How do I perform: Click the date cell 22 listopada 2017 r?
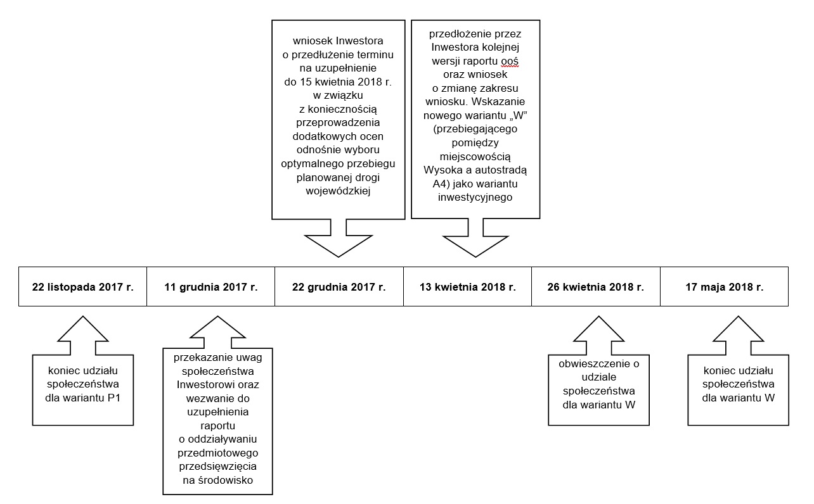(83, 287)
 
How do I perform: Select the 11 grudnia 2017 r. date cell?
(210, 287)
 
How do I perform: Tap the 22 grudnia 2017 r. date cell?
(339, 287)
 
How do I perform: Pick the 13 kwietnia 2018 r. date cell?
(468, 287)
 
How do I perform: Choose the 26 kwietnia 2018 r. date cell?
(596, 287)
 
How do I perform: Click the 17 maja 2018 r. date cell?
(724, 287)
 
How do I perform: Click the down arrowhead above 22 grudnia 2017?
(339, 246)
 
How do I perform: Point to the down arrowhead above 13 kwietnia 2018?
(475, 246)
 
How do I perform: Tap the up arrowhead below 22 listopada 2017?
(83, 329)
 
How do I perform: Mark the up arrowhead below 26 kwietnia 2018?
(598, 329)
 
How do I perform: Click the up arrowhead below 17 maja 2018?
(738, 329)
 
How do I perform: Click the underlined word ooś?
(510, 61)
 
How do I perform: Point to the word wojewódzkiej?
(338, 191)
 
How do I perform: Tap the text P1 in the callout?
(113, 398)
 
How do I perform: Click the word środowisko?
(226, 481)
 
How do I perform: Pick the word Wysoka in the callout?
(442, 170)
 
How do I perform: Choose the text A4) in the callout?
(441, 184)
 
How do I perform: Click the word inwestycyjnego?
(475, 198)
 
